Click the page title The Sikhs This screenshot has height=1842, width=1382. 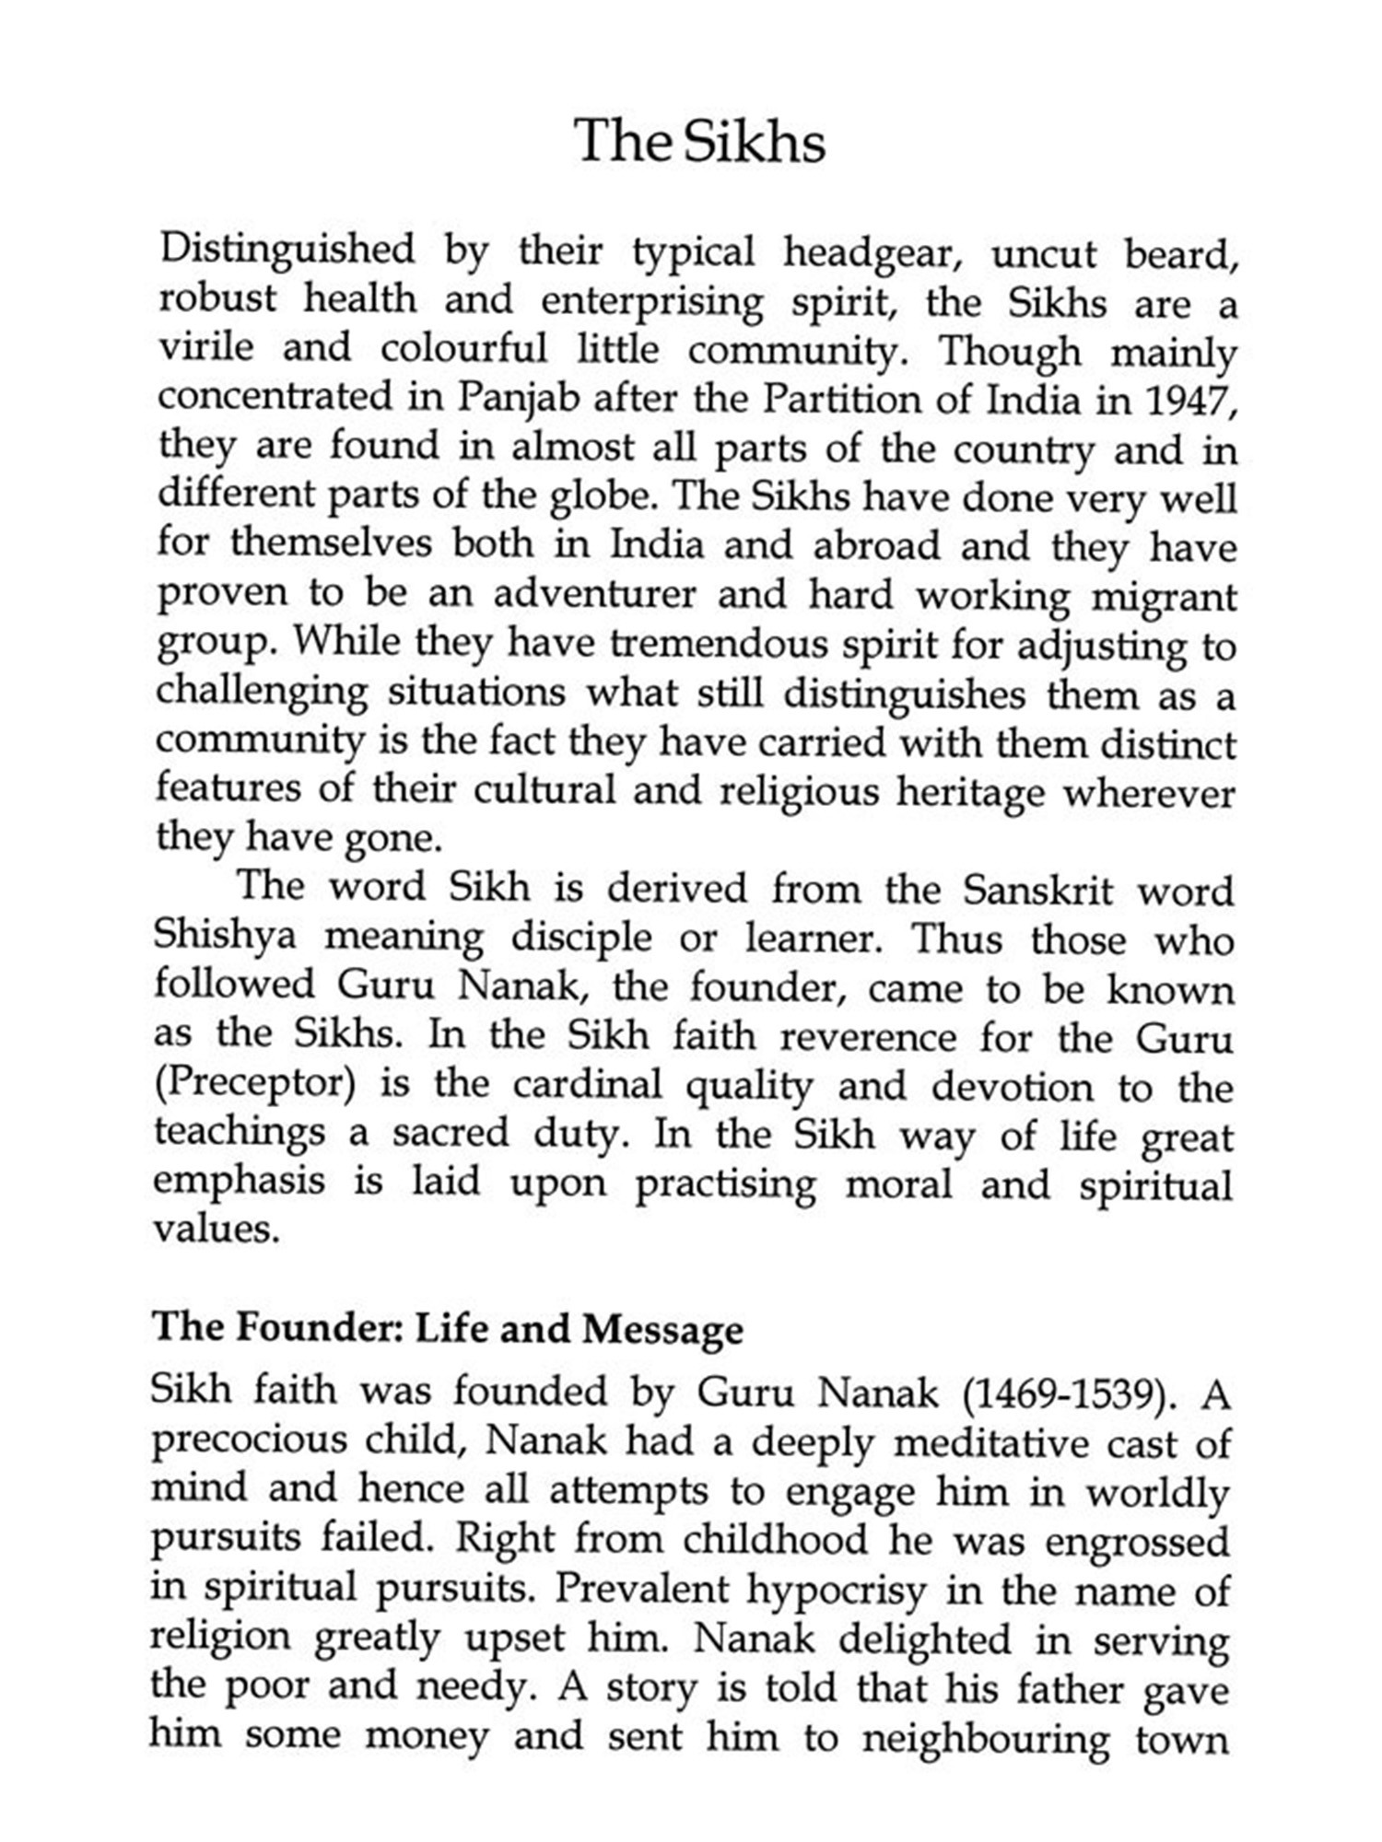click(x=699, y=142)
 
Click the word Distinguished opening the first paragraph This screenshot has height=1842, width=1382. click(x=287, y=251)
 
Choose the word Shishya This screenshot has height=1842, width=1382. click(x=225, y=937)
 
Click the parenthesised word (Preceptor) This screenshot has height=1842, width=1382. click(x=255, y=1084)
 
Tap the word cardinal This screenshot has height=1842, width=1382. click(x=587, y=1085)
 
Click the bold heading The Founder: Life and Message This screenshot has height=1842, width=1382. click(x=448, y=1329)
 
